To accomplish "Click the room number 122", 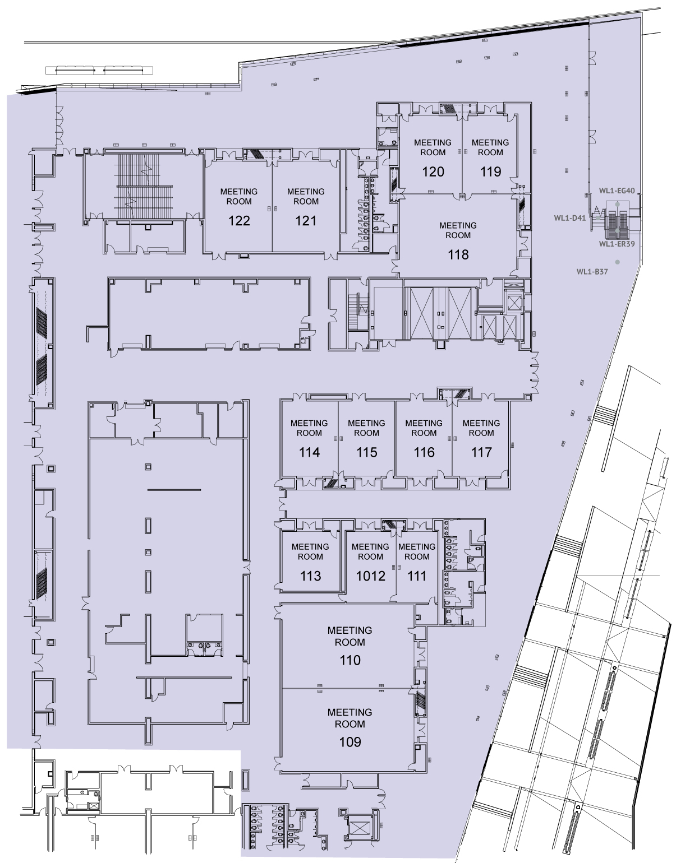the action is pyautogui.click(x=239, y=221).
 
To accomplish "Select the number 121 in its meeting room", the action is pyautogui.click(x=306, y=221).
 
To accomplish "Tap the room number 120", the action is pyautogui.click(x=433, y=172).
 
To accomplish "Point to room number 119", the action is pyautogui.click(x=490, y=172).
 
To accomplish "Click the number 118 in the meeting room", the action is pyautogui.click(x=458, y=254).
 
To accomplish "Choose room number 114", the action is pyautogui.click(x=309, y=452).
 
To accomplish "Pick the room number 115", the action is pyautogui.click(x=366, y=452).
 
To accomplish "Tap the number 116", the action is pyautogui.click(x=424, y=452).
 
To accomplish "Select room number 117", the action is pyautogui.click(x=481, y=452).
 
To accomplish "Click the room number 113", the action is pyautogui.click(x=310, y=576).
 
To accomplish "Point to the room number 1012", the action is pyautogui.click(x=370, y=576).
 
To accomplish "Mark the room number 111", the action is pyautogui.click(x=417, y=576).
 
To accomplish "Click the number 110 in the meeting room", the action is pyautogui.click(x=350, y=660).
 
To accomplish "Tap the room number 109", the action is pyautogui.click(x=350, y=742).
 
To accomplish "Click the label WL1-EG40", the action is pyautogui.click(x=617, y=191).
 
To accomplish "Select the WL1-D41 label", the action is pyautogui.click(x=570, y=218).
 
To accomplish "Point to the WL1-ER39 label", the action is pyautogui.click(x=617, y=244).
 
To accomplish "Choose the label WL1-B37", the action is pyautogui.click(x=592, y=272).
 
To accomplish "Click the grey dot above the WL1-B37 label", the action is pyautogui.click(x=617, y=262).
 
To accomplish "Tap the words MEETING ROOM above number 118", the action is pyautogui.click(x=458, y=230).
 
